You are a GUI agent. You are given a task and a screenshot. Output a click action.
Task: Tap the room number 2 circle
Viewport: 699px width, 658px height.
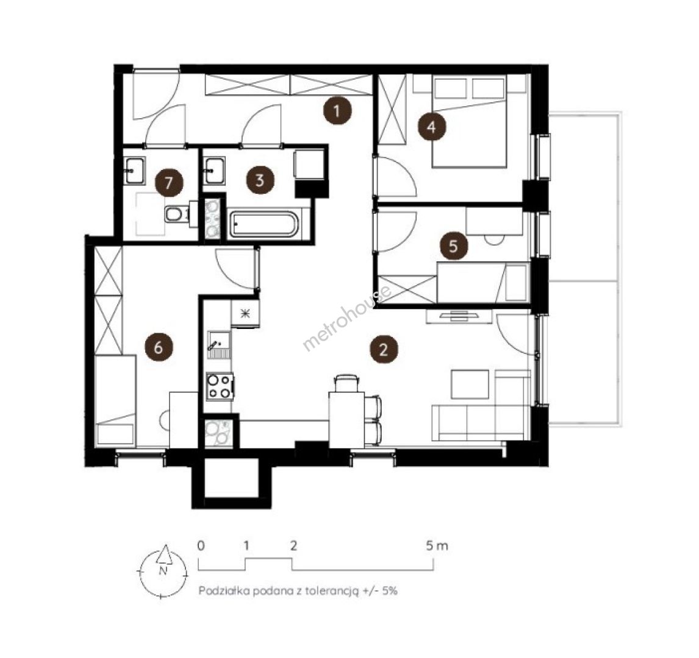[384, 350]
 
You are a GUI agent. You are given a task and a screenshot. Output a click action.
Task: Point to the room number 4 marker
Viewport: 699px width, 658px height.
[431, 127]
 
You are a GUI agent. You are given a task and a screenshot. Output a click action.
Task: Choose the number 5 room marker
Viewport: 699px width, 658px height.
[453, 246]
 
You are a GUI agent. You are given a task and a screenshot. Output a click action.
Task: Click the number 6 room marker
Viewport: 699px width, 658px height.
[159, 347]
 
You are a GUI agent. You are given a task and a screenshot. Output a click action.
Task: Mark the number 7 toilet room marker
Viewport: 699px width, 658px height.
[169, 183]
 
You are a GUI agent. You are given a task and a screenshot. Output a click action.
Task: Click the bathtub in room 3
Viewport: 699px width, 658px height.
[263, 224]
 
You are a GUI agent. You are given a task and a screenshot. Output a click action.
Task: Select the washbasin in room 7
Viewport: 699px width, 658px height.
[135, 171]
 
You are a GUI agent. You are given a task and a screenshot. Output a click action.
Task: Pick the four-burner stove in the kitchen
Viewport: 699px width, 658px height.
[220, 386]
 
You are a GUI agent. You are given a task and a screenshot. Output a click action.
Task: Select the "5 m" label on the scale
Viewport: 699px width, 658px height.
[437, 545]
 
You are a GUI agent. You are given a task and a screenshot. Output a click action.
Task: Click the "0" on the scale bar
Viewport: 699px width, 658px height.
[201, 545]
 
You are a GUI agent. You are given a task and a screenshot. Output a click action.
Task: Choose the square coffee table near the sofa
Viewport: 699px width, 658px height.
[470, 384]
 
